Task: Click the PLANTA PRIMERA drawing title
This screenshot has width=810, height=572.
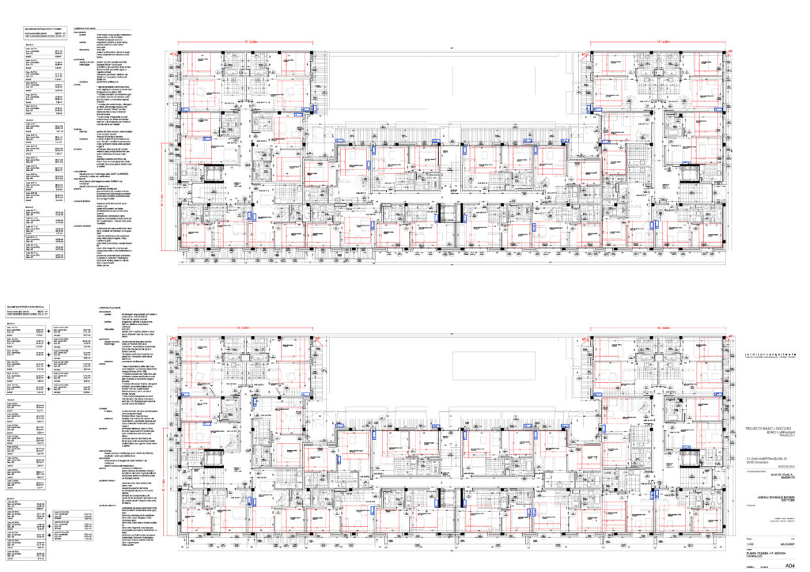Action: click(x=767, y=553)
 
